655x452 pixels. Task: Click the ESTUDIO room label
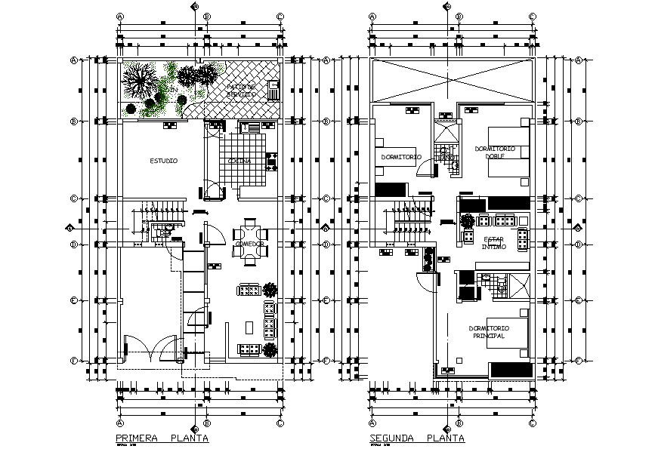click(x=163, y=161)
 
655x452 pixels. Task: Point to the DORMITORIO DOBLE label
click(x=495, y=152)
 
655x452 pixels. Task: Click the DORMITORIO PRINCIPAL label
click(x=489, y=332)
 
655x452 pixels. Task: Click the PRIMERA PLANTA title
click(x=162, y=438)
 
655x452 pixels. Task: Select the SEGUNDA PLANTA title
click(x=417, y=438)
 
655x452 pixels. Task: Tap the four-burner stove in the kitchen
click(x=271, y=161)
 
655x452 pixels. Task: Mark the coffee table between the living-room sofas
click(x=249, y=326)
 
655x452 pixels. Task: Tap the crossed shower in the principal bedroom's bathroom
click(x=519, y=287)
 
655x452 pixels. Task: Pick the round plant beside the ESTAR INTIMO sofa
click(x=467, y=221)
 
